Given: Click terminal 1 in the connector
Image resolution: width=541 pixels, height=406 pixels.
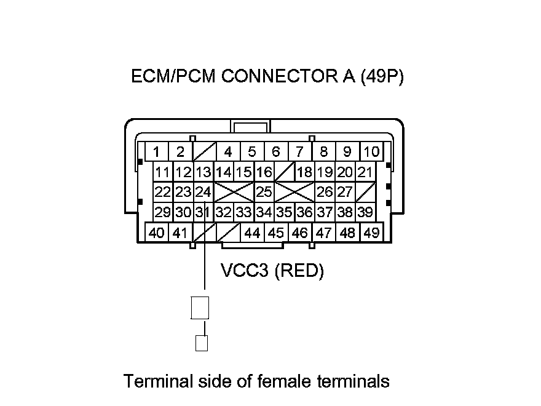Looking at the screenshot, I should (x=157, y=152).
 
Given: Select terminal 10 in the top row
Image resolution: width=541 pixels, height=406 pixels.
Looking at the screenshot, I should (x=371, y=152).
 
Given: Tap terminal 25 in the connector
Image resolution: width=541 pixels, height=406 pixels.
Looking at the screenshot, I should (x=264, y=192).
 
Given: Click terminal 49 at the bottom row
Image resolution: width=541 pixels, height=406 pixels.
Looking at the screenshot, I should (x=371, y=233).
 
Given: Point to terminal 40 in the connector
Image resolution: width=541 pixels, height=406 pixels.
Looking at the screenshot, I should (x=157, y=233).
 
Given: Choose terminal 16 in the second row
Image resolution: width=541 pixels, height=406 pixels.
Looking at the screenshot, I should (x=264, y=172).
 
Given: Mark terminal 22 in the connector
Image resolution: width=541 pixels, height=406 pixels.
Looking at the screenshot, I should (x=162, y=192).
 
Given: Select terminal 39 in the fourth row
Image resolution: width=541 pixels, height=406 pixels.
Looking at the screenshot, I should (x=365, y=213).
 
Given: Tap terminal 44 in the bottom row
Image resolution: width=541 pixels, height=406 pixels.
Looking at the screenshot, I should (x=252, y=233).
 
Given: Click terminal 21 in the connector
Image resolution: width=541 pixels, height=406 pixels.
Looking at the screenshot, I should (x=365, y=172).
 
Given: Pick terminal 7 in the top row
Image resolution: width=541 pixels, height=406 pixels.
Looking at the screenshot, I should (x=299, y=152).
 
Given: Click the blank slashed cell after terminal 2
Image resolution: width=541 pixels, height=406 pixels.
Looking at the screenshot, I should (x=203, y=152).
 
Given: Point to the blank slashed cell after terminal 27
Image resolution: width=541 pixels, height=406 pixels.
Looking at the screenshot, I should (x=365, y=192).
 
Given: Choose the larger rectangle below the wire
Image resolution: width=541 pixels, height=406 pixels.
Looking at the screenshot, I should (x=200, y=308).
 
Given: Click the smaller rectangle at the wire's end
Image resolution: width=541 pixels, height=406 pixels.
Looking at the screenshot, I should (x=201, y=343).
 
